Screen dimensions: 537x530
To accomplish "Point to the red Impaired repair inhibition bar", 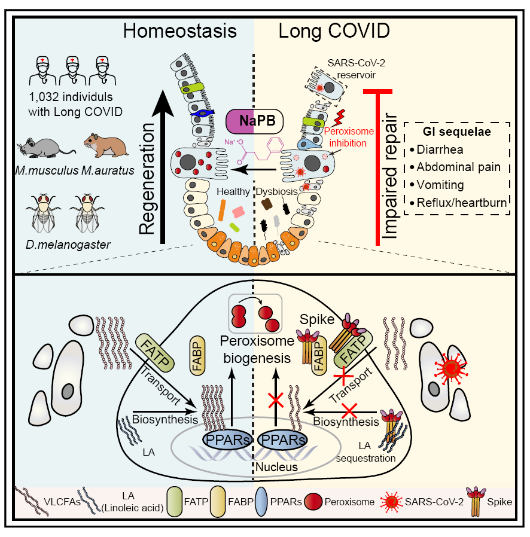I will coord(377,167).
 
